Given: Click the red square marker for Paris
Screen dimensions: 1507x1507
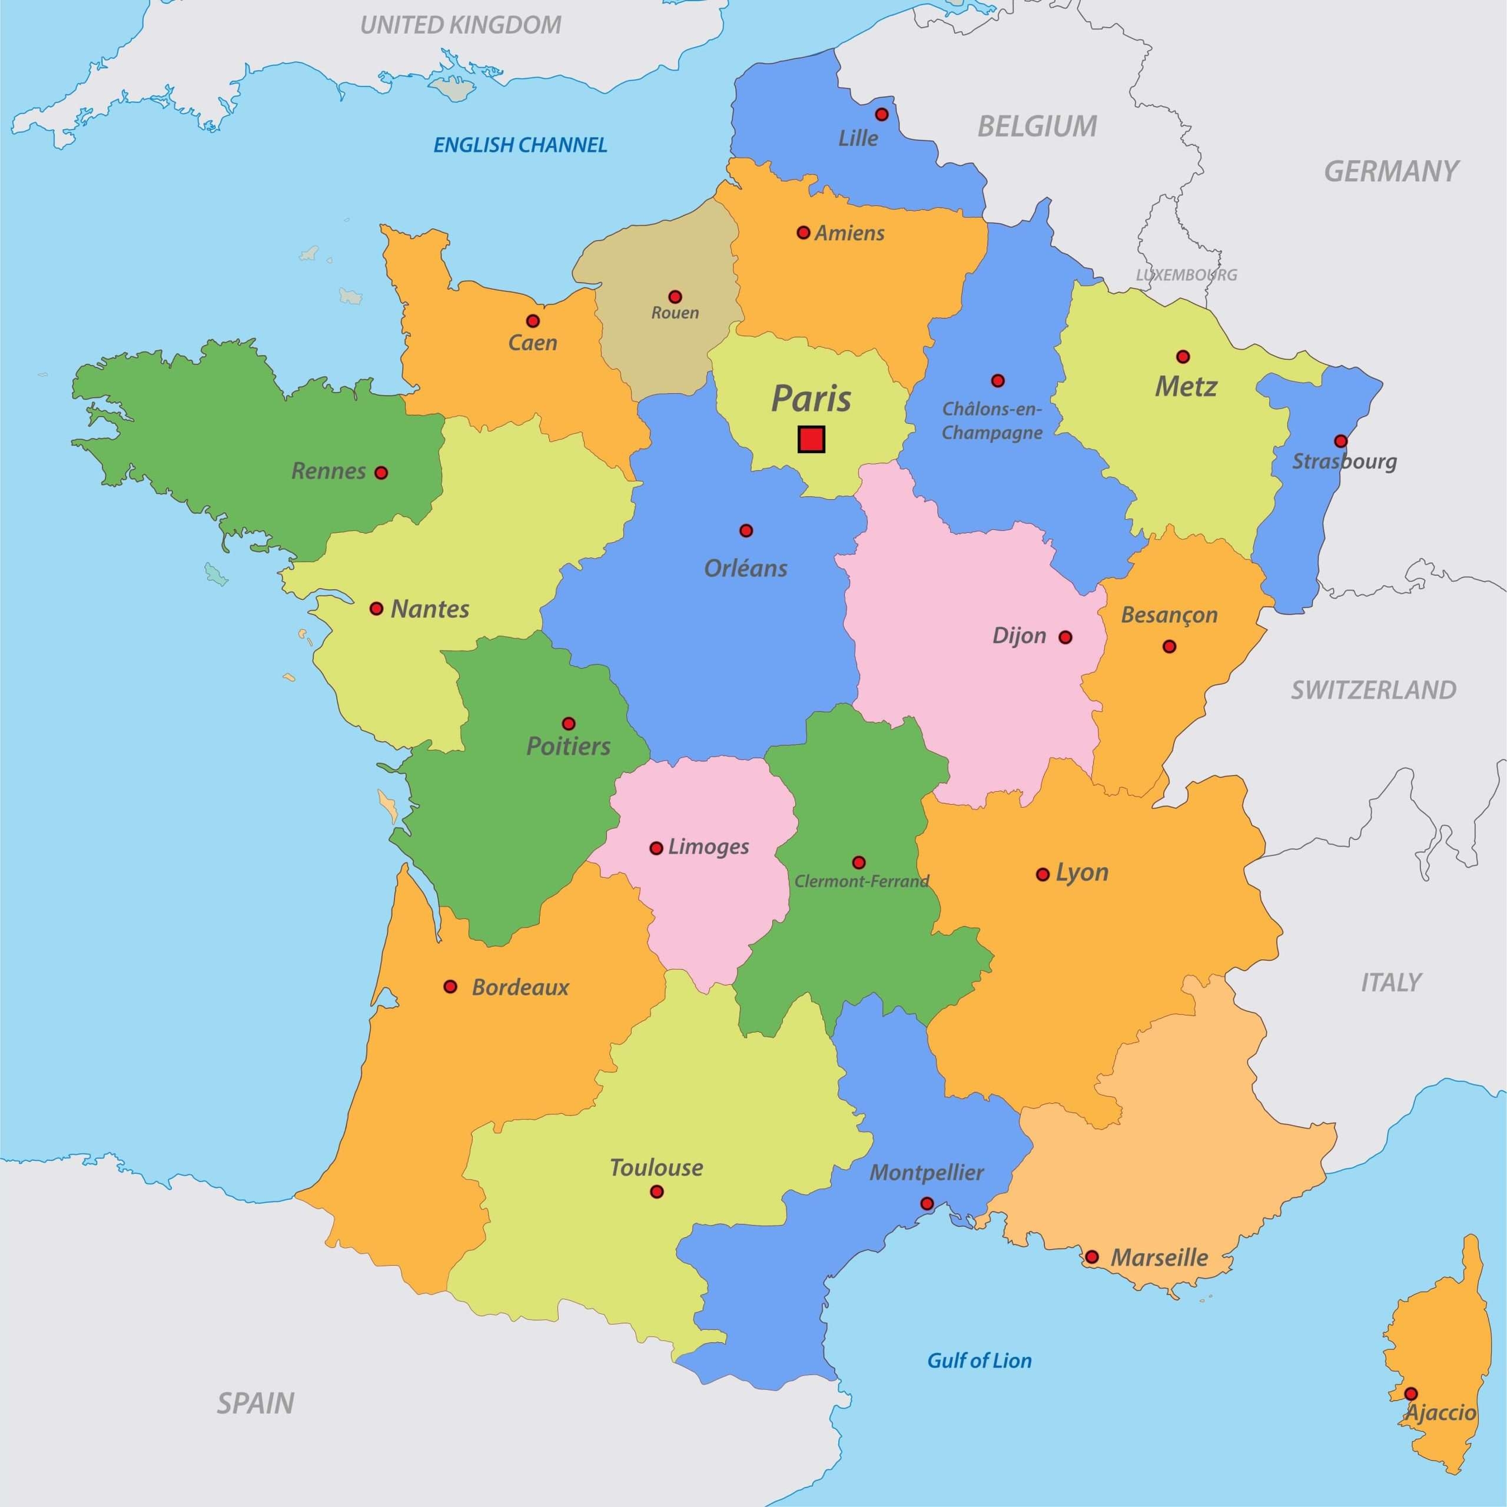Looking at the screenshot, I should tap(811, 439).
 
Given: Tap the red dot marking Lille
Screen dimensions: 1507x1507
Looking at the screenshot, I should tap(881, 115).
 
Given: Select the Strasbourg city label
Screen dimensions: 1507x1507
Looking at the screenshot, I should tap(1344, 461).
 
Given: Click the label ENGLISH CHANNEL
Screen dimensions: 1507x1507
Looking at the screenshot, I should tap(520, 145).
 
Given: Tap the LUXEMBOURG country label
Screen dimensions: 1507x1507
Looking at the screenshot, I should tap(1186, 274).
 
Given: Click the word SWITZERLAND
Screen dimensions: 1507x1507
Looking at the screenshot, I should tap(1373, 689).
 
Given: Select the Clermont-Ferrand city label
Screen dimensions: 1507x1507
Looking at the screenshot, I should tap(861, 881).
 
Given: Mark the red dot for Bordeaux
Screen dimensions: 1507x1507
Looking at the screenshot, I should tap(450, 987).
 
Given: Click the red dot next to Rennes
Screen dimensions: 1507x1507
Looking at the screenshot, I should tap(381, 473).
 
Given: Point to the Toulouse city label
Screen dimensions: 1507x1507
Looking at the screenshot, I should tap(656, 1168).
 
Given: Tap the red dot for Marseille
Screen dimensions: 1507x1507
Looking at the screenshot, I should tap(1092, 1257).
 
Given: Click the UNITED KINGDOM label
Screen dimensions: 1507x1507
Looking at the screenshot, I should tap(460, 25).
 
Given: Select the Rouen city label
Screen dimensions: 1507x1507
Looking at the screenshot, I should tap(675, 313).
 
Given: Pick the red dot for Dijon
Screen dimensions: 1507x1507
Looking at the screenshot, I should tap(1065, 638).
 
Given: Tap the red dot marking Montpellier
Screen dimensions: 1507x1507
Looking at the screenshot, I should tap(927, 1204).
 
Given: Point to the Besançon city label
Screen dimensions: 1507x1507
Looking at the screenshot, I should tap(1169, 615).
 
